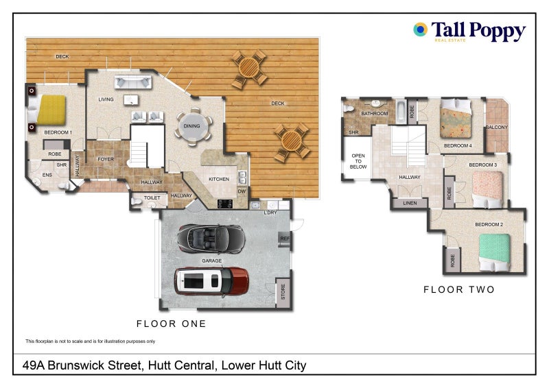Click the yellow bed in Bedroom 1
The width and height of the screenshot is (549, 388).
51,109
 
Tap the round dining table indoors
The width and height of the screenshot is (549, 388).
193,125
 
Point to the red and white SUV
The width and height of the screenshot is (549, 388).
211,279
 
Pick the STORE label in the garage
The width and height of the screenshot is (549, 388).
283,293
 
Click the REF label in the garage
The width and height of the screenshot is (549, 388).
284,239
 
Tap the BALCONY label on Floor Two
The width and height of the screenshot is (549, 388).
496,127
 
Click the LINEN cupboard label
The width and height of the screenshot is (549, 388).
410,204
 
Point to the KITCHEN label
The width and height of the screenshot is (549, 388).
219,179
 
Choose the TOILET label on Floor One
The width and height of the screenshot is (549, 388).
152,198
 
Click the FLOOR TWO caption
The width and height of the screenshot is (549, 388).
458,290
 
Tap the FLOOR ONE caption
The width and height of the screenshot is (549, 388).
171,324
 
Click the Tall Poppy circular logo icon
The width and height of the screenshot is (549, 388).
420,29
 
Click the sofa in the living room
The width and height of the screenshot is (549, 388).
134,83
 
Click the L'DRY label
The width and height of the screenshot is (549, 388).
270,213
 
